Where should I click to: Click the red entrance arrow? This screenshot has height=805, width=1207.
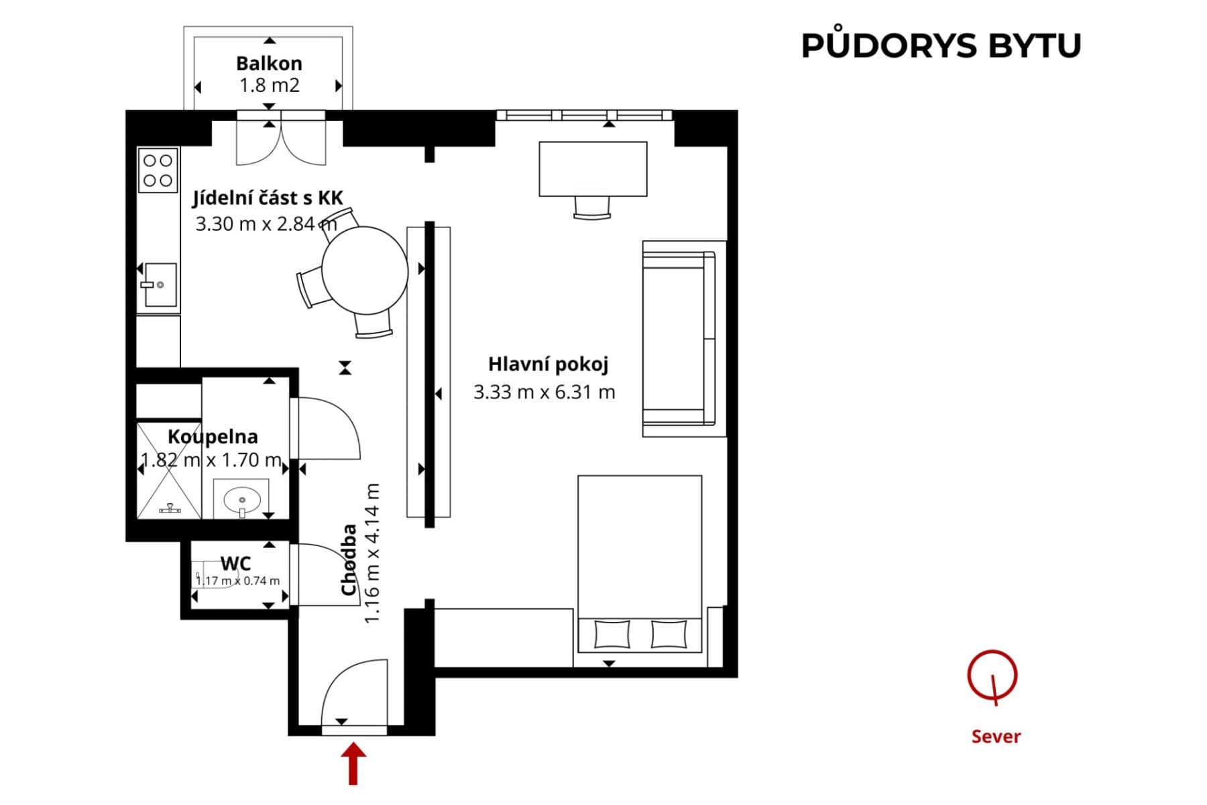pos(353,763)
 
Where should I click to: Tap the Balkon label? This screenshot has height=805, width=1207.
pos(269,64)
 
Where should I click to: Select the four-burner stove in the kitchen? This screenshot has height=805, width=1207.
pos(158,170)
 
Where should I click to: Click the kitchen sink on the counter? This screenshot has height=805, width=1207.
pos(160,284)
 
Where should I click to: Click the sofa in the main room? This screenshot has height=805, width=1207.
pos(679,339)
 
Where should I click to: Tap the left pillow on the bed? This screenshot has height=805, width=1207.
pos(612,634)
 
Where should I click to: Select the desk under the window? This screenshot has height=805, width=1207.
pos(593,168)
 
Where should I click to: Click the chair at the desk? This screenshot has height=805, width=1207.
pos(593,207)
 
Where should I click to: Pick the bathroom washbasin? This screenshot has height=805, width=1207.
pos(242,500)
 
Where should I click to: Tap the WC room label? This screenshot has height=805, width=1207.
pos(235,563)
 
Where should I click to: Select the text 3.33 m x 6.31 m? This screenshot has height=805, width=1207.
pos(544,392)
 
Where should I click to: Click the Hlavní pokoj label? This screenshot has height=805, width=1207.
pos(548,364)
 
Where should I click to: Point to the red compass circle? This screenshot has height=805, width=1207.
pos(992,675)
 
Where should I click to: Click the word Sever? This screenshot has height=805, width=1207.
pos(996,737)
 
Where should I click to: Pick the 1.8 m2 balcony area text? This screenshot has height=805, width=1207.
pos(269,85)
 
